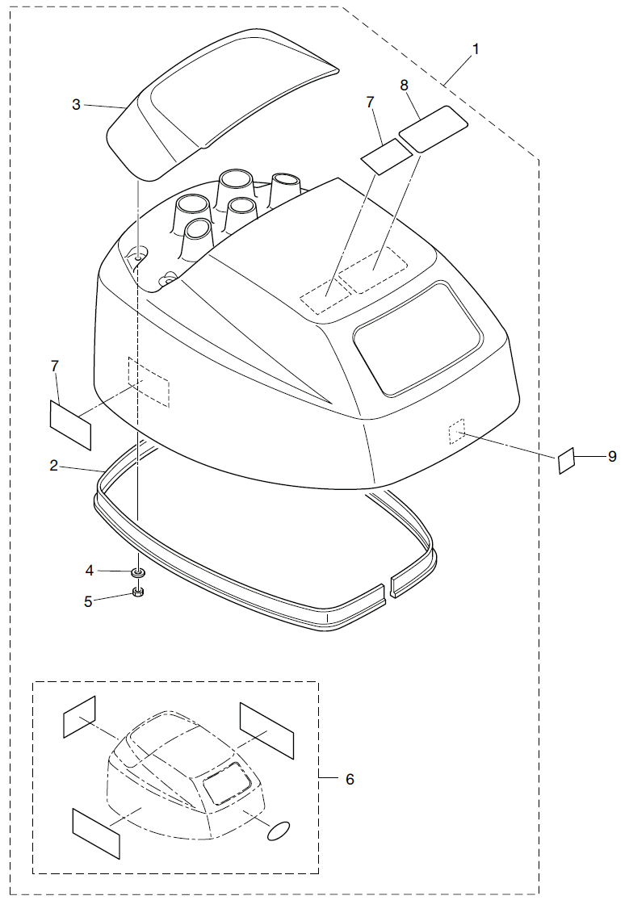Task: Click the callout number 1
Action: click(476, 48)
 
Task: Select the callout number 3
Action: click(76, 104)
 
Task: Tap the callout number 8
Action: click(404, 84)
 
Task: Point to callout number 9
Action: click(613, 457)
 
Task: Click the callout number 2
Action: click(53, 466)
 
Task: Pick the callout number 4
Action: click(90, 571)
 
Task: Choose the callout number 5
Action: click(90, 600)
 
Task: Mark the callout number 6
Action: click(350, 779)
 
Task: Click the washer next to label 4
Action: click(138, 572)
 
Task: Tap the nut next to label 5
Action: click(138, 594)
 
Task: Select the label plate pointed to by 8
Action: click(434, 127)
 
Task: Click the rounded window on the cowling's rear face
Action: click(418, 337)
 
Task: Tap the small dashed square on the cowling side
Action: click(458, 432)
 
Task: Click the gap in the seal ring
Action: click(386, 587)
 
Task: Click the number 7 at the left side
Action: click(55, 366)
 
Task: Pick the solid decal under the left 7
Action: click(71, 424)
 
